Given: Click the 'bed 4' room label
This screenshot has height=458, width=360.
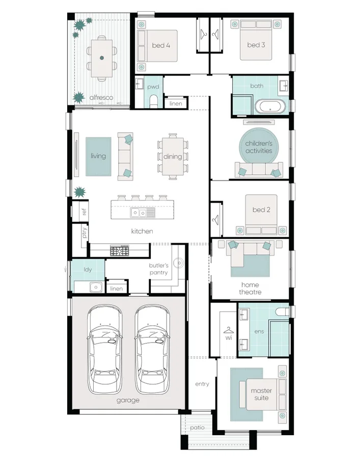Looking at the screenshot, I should (161, 45).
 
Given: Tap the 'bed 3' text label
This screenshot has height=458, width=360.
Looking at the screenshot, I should (256, 45).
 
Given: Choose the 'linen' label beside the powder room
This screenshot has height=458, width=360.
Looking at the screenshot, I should (176, 104).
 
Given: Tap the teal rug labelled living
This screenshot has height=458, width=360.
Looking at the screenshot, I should (98, 156).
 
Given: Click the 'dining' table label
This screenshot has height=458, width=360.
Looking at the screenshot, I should (173, 156).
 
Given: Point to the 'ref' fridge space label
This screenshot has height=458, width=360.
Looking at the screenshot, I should (84, 211).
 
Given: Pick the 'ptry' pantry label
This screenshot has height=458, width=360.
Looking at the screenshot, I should (84, 234).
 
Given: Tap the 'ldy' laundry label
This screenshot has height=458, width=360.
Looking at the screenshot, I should (88, 269).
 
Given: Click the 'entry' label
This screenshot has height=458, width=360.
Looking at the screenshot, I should (202, 384).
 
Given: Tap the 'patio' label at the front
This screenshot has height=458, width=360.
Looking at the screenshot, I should (197, 427).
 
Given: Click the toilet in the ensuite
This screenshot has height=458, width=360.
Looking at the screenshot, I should (282, 310).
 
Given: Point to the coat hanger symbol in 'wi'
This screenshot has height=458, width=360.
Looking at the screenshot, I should (228, 329).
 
